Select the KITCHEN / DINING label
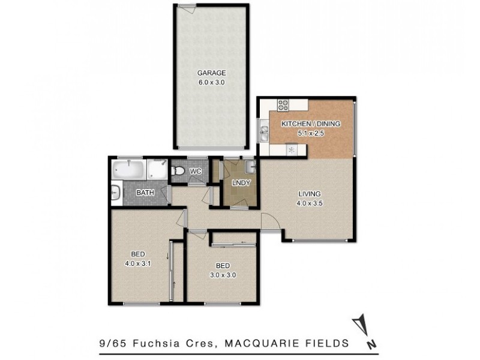click(311, 124)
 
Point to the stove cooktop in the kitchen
click(283, 106)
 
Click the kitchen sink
click(265, 131)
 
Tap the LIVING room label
click(310, 194)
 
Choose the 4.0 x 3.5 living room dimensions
click(310, 203)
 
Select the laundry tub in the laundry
click(251, 166)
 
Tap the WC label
click(195, 172)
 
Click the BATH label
click(145, 193)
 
